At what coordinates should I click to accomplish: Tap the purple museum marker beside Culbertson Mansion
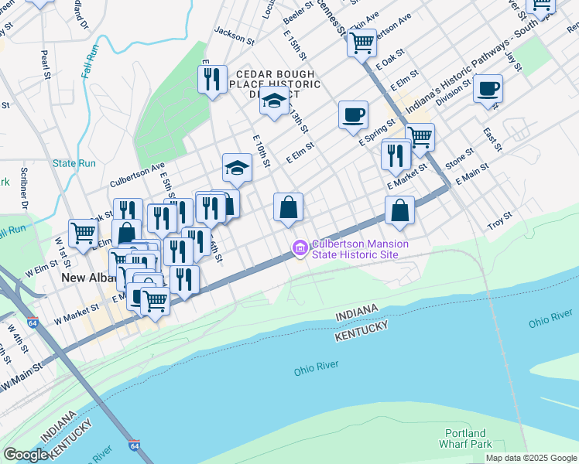coord(300,248)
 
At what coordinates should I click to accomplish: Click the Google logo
coord(26,455)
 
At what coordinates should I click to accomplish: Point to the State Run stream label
coord(74,163)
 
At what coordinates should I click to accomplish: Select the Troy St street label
coord(500,220)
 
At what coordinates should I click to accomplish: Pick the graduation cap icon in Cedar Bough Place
coord(274,100)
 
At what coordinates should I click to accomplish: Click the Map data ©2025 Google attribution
coord(531,458)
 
